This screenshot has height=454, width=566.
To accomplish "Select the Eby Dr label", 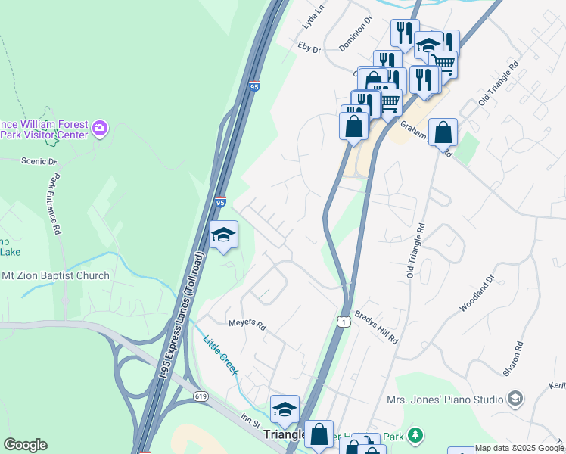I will coord(309,49).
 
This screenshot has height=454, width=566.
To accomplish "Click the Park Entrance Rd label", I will coord(54,205).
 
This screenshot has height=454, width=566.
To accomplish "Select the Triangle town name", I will coord(284,436).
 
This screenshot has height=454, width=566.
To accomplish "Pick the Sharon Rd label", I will coord(513,359).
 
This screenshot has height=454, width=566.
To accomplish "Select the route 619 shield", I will coord(200,396).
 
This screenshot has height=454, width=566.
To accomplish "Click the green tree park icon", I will coord(415,435).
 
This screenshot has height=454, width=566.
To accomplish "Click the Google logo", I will coord(25,445).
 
